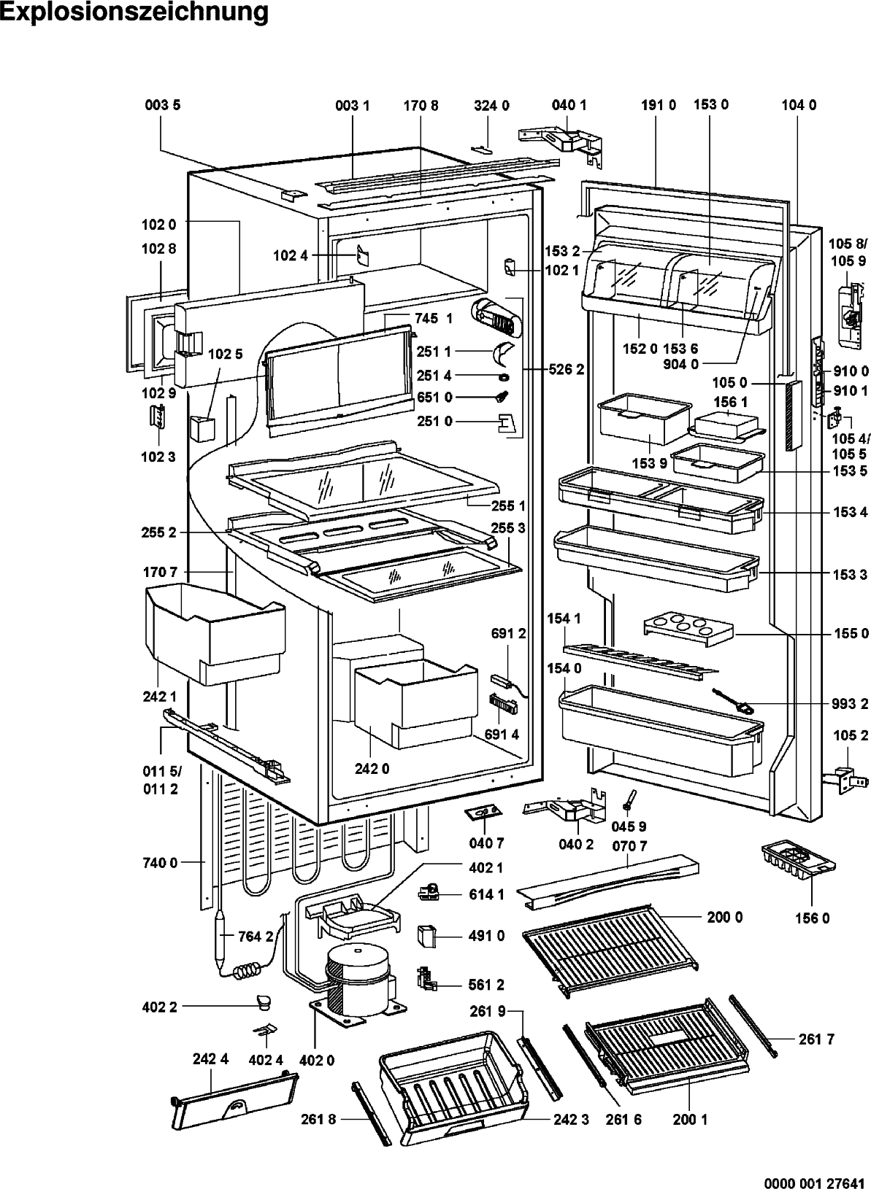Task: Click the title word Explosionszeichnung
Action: tap(134, 12)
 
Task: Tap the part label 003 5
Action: tap(163, 105)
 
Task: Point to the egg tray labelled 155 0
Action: tap(688, 629)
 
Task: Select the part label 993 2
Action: tap(851, 705)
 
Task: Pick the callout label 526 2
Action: tap(567, 369)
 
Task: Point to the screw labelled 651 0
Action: tap(503, 397)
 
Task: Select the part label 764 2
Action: tap(256, 937)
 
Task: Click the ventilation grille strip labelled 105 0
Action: tap(792, 416)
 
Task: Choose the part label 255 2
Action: tap(158, 532)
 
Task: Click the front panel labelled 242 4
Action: tap(235, 1100)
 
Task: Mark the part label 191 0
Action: tap(659, 105)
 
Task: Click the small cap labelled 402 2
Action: tap(264, 1001)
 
